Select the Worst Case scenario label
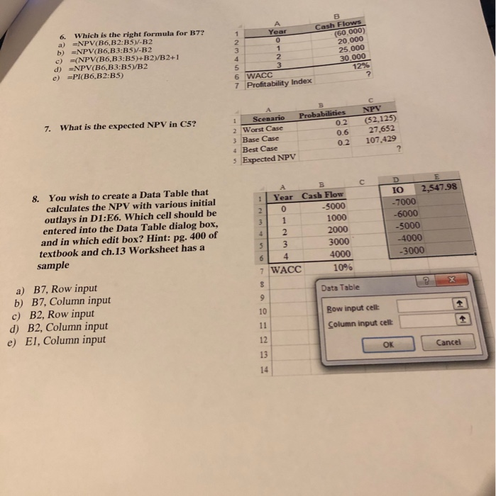click(263, 129)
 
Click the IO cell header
click(396, 189)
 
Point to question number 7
click(47, 128)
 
